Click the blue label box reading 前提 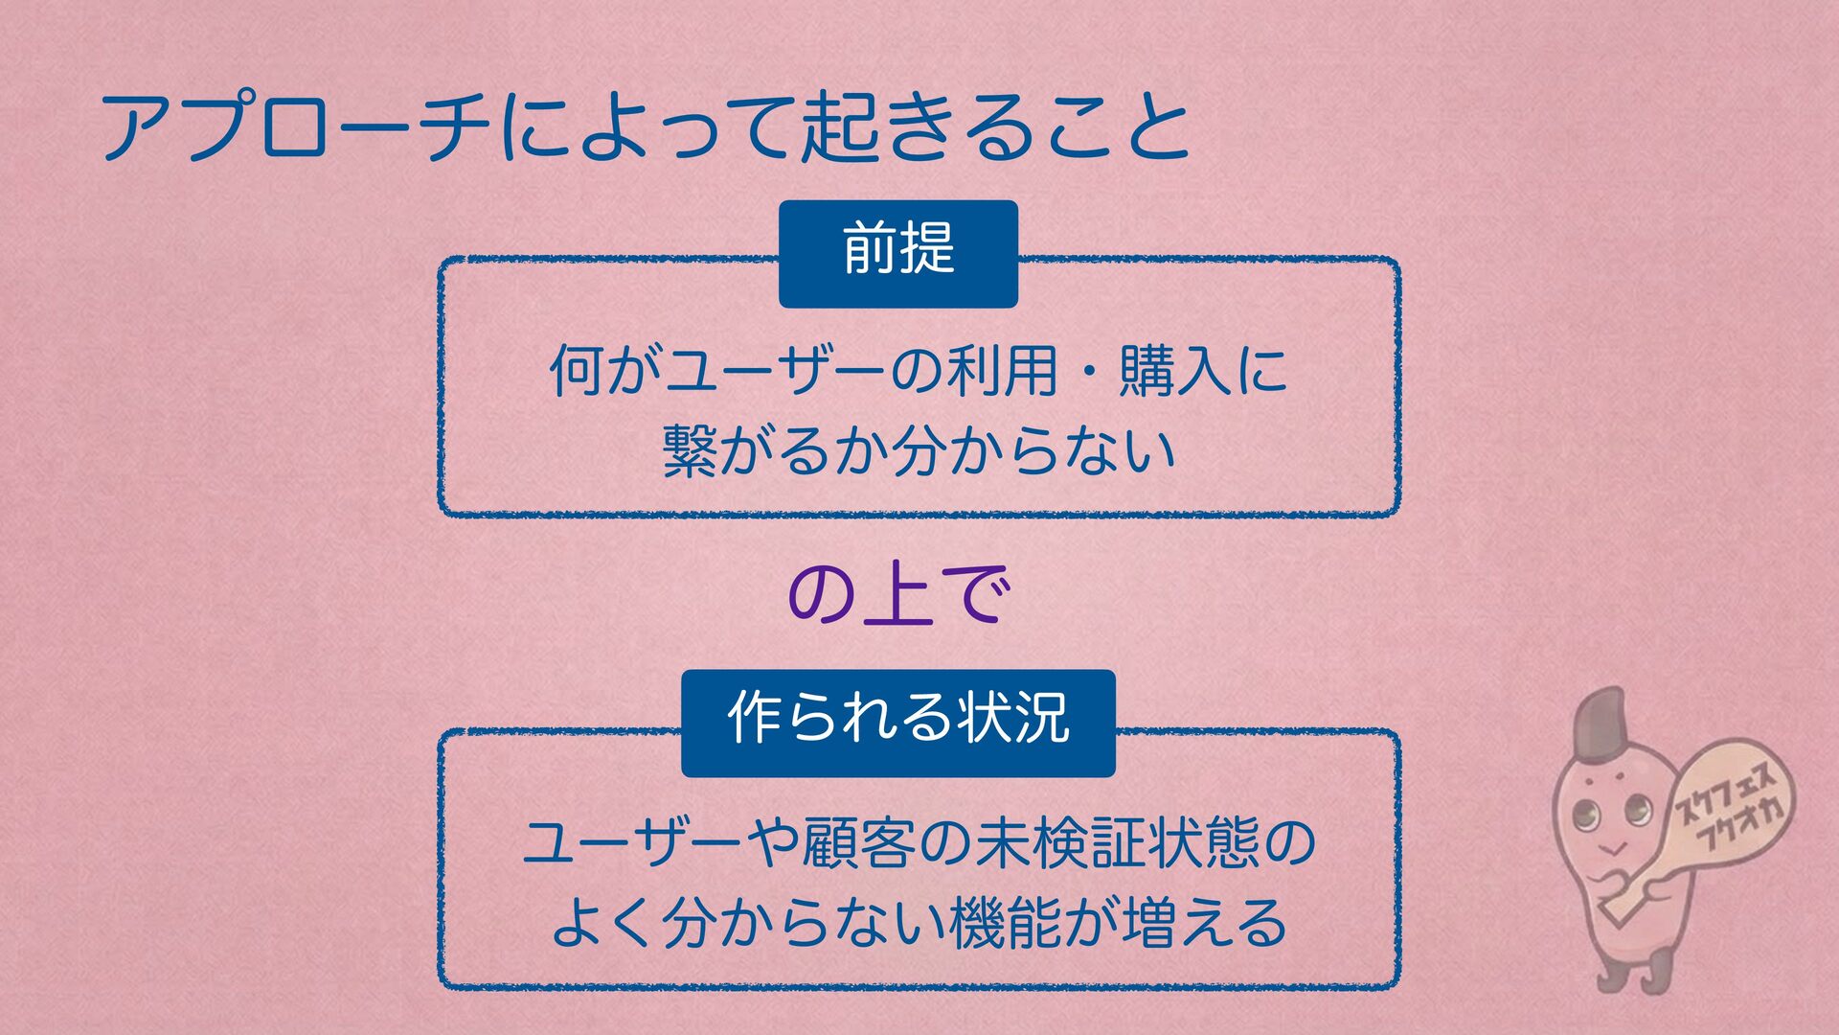(897, 253)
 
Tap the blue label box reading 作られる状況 (897, 723)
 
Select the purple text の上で (897, 596)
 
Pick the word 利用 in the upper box (1002, 372)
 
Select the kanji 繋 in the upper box (690, 450)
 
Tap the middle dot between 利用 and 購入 (1088, 372)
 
